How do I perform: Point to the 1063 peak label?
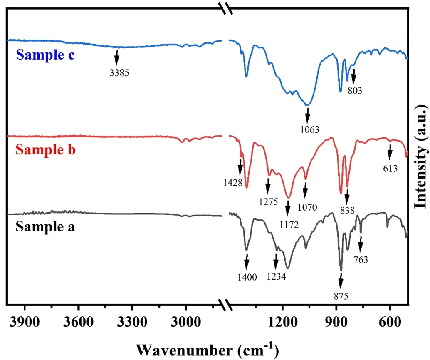click(309, 129)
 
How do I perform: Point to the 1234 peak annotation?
click(275, 276)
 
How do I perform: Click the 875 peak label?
click(341, 296)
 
